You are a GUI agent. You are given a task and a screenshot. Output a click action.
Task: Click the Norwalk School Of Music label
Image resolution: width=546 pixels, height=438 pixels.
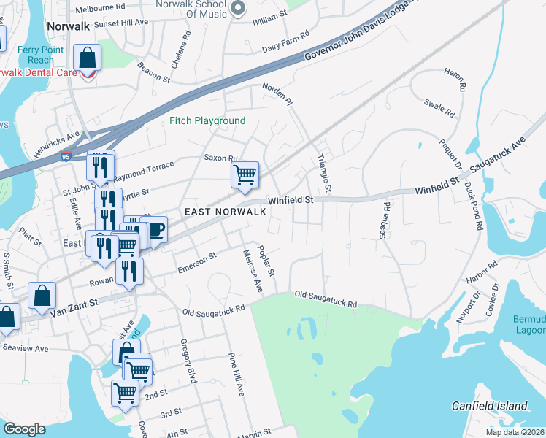[x=197, y=9]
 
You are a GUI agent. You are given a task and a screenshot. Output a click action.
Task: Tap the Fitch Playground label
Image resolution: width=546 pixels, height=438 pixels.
[x=207, y=120]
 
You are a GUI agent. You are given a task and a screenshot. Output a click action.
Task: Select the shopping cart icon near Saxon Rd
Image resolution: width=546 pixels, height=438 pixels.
[x=245, y=174]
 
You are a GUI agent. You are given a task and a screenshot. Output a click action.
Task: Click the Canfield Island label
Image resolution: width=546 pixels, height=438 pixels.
[x=489, y=406]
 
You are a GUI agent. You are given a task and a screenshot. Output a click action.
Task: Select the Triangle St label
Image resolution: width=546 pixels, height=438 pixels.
[x=325, y=174]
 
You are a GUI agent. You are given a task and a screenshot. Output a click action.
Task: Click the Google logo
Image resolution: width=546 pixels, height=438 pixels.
[x=24, y=429]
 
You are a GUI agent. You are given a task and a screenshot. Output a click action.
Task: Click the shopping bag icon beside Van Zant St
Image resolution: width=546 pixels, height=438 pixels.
[x=42, y=296]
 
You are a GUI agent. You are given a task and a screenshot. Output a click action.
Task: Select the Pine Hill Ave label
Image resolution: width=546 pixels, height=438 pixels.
[x=236, y=374]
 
